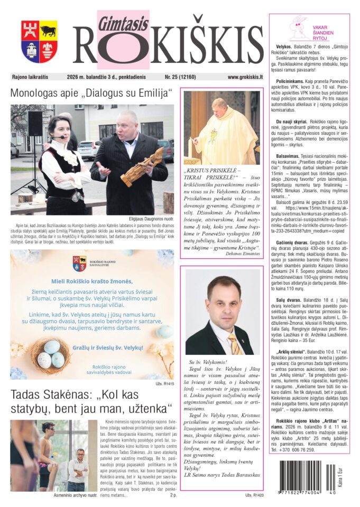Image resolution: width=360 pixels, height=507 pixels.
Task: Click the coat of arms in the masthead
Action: pyautogui.click(x=39, y=41)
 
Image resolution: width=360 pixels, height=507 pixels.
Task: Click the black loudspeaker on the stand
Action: pyautogui.click(x=35, y=123)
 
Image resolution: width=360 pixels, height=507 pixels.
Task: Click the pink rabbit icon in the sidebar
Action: pyautogui.click(x=300, y=27)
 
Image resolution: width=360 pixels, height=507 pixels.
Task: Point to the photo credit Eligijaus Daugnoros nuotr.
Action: pyautogui.click(x=151, y=219)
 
